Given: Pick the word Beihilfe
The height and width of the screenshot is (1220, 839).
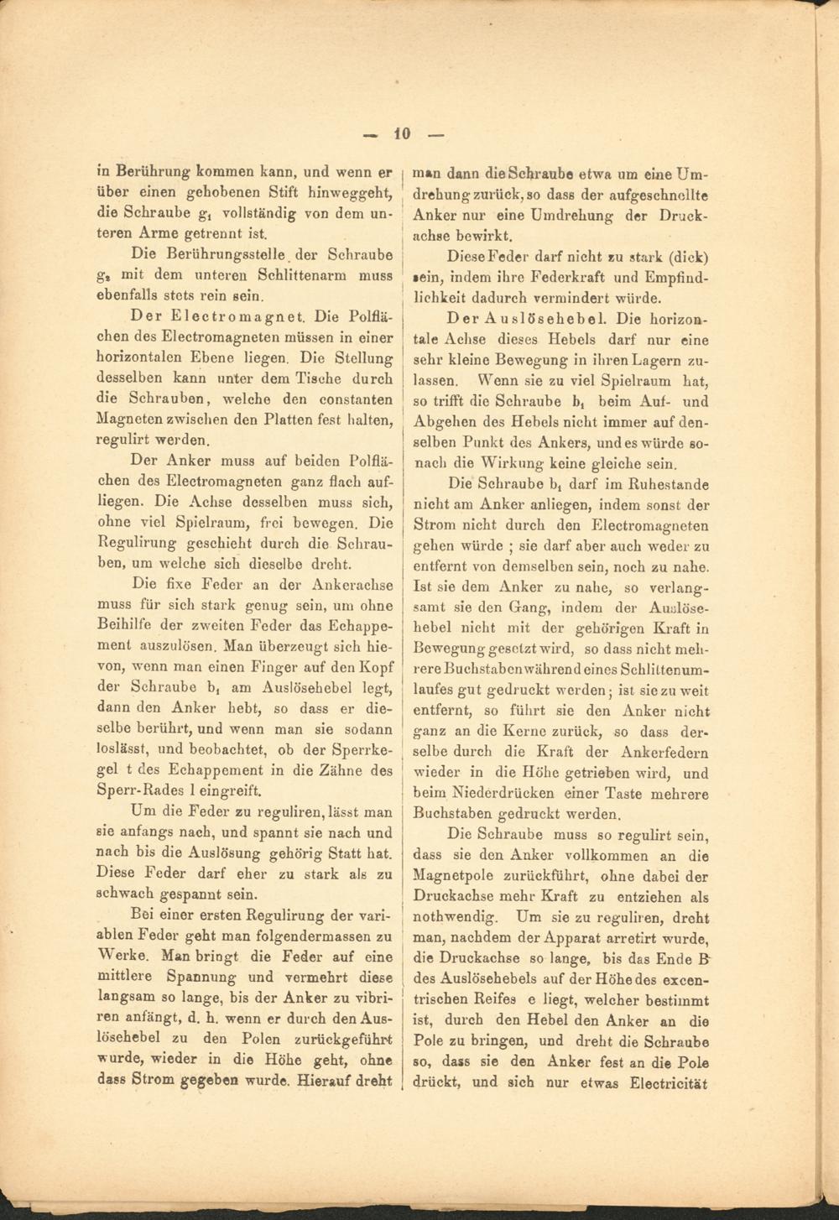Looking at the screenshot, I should point(127,625).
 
